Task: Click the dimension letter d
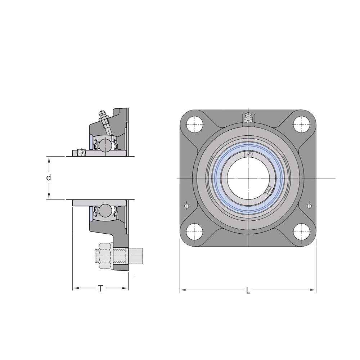click(x=49, y=177)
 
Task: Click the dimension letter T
click(x=100, y=288)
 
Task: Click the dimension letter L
click(x=248, y=291)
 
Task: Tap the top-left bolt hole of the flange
click(x=195, y=124)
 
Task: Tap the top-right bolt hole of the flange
click(x=301, y=124)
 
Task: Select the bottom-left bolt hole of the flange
click(x=195, y=231)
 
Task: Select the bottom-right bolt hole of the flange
click(x=301, y=231)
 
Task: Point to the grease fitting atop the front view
click(x=248, y=118)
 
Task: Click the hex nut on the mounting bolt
click(x=105, y=256)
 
